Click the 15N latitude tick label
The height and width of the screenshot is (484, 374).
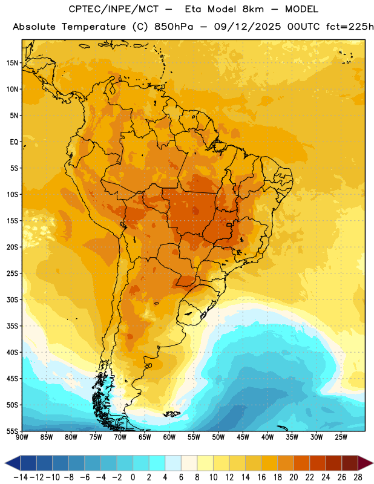coord(12,63)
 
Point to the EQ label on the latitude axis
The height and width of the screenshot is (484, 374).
coord(14,142)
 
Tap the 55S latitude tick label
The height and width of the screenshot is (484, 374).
coord(12,431)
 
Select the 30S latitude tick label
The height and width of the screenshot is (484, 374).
coord(12,299)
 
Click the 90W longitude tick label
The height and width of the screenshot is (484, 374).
coord(22,437)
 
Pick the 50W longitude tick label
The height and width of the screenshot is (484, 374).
coord(218,437)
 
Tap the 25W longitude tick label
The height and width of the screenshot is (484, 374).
coord(341,437)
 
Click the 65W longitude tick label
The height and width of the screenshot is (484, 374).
coord(145,437)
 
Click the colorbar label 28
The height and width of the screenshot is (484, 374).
coord(358,477)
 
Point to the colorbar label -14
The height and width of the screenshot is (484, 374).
coord(21,477)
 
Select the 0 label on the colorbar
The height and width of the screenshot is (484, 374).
coord(133,477)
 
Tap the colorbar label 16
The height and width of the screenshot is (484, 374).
coord(261,477)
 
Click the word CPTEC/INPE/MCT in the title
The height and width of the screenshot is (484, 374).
coord(114,9)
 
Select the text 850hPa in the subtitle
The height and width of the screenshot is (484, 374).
coord(174,27)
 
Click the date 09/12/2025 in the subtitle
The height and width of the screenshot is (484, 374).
coord(248,27)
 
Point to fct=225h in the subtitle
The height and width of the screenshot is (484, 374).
coord(350,27)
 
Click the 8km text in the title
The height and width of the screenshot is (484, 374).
coord(253,9)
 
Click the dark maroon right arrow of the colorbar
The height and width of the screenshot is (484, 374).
coord(366,463)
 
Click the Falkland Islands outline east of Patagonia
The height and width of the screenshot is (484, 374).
coord(172,414)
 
